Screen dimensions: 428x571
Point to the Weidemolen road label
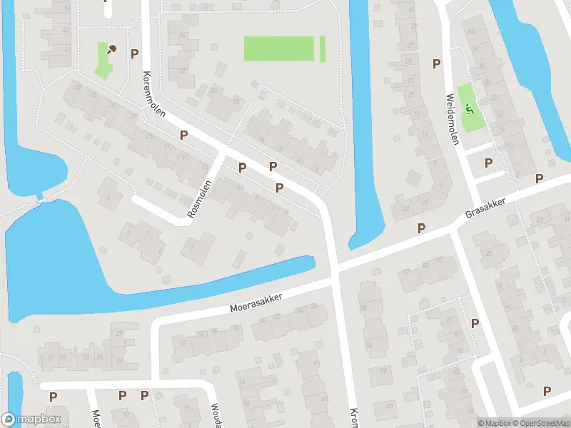click(x=451, y=118)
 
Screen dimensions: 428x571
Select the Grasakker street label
click(x=485, y=208)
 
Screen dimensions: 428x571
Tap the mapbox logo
click(x=31, y=419)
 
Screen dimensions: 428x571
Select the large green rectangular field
click(x=279, y=49)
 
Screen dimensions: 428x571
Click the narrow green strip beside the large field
click(x=323, y=49)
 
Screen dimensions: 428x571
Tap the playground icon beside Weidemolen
click(x=469, y=109)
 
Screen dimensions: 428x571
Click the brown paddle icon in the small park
click(x=111, y=49)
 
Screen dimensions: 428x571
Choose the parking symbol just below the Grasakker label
click(x=422, y=228)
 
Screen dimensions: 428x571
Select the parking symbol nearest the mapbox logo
click(x=53, y=396)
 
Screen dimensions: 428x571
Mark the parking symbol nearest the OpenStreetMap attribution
click(x=547, y=391)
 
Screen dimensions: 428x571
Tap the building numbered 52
click(x=383, y=370)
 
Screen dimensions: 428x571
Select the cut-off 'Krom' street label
click(x=353, y=418)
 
